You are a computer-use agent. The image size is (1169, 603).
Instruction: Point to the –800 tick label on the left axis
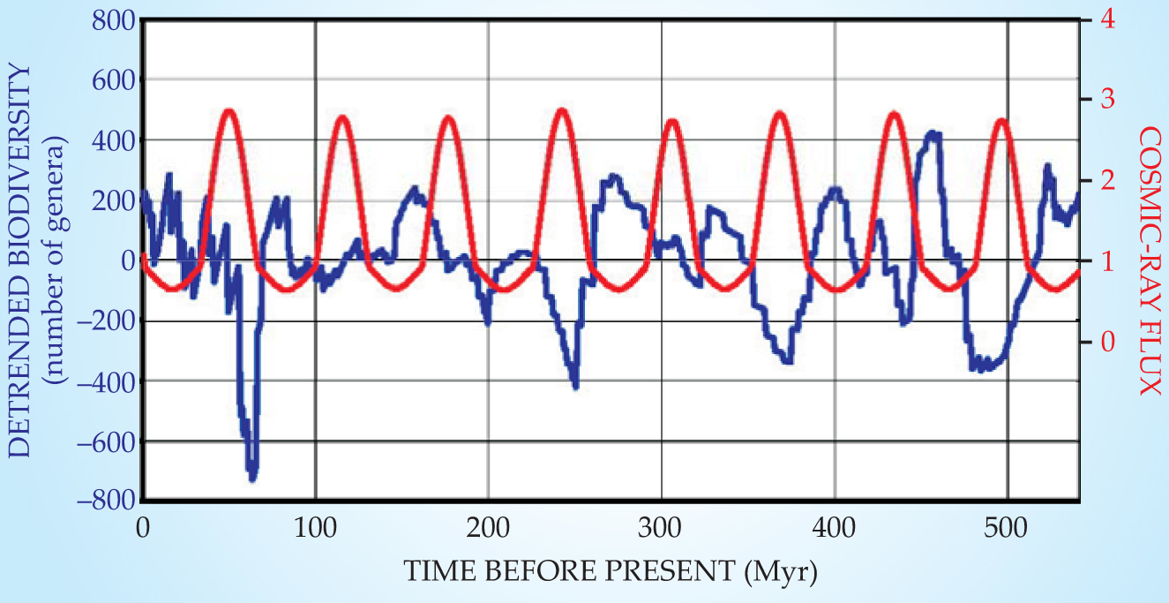pos(104,501)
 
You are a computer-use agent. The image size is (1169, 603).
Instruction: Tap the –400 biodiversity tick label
pos(104,381)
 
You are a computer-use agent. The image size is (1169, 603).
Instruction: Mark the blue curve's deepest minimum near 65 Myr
pos(252,479)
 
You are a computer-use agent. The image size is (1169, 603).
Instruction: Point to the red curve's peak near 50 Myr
pos(229,111)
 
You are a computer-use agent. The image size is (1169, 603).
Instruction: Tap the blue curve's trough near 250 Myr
pos(575,386)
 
